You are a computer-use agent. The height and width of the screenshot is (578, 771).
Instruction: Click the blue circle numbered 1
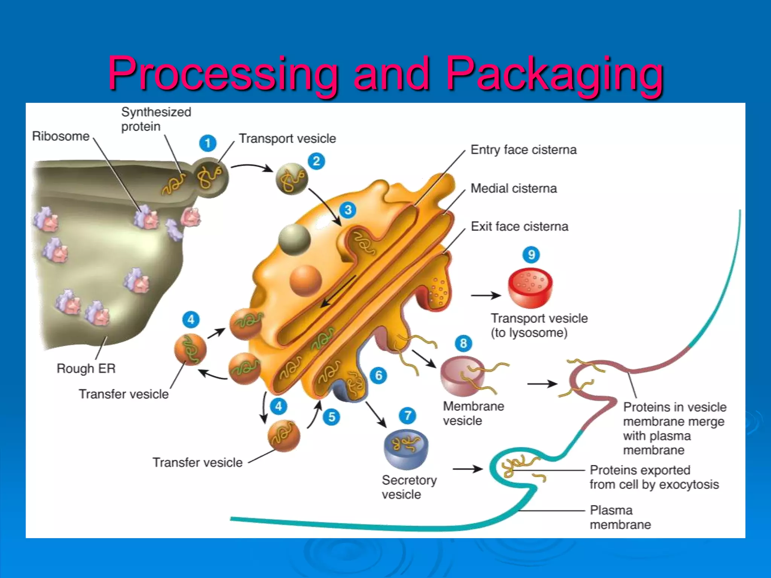click(207, 143)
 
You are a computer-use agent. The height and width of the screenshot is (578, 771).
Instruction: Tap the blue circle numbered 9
click(531, 255)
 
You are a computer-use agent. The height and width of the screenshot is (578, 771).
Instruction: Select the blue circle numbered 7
click(408, 416)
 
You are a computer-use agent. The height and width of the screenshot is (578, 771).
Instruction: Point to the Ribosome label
click(61, 136)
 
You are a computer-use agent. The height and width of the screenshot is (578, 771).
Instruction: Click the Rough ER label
click(86, 368)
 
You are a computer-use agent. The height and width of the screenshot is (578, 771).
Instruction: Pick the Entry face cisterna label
click(523, 150)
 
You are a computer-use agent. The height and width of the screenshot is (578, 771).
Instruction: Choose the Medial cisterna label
click(513, 188)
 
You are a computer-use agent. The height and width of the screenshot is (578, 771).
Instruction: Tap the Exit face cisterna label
click(519, 227)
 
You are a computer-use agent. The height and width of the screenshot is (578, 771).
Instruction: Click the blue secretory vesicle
click(406, 449)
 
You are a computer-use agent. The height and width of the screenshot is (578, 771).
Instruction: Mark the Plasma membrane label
click(620, 517)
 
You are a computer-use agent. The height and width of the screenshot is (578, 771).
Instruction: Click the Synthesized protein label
click(156, 119)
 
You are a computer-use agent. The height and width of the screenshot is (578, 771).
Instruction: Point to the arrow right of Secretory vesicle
click(467, 469)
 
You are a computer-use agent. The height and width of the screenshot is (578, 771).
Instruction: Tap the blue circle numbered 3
click(348, 210)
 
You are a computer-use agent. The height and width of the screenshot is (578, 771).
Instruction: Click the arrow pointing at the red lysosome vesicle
click(485, 295)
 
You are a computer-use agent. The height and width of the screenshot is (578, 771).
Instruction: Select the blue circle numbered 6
click(378, 375)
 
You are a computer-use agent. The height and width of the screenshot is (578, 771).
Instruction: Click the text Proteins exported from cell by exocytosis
click(654, 477)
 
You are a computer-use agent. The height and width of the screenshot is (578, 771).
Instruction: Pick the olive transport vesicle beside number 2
click(291, 179)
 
